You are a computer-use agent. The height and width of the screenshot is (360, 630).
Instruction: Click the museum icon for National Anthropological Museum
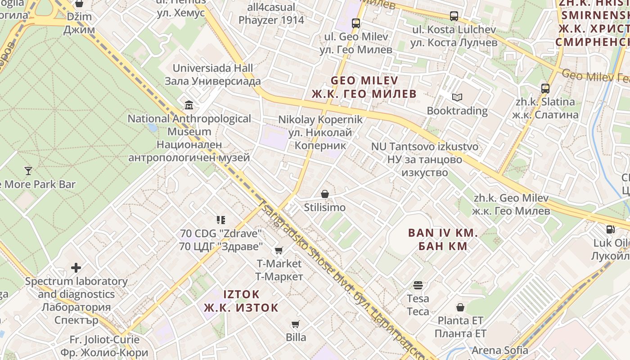(189, 105)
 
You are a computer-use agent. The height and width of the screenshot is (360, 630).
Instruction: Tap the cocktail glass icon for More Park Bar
(28, 171)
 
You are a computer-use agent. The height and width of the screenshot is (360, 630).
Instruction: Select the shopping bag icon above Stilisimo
(324, 194)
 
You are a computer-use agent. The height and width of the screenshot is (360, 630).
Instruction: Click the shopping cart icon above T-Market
(279, 250)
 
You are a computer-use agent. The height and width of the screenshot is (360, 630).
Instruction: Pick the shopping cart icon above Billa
(296, 324)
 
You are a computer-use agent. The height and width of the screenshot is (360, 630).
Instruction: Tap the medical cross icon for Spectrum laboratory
(76, 268)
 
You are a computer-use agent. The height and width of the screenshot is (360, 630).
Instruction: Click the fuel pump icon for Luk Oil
(610, 229)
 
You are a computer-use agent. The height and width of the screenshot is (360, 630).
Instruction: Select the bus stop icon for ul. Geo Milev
(356, 23)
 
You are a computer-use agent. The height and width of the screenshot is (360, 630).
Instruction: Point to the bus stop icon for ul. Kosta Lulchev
(454, 16)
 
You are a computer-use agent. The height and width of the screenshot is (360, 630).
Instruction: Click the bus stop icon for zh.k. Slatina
(545, 88)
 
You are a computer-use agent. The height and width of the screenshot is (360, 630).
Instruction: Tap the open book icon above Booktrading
(457, 97)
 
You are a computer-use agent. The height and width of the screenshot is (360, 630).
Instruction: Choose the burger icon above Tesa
(418, 285)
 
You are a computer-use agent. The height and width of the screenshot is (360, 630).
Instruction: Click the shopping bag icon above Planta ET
(460, 307)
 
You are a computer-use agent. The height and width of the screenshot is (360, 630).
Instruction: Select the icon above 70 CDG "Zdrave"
(220, 220)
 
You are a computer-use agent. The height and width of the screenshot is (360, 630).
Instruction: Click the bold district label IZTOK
(241, 294)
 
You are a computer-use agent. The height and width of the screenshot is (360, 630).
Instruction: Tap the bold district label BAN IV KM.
(443, 233)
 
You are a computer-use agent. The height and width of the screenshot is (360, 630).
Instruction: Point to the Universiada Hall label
(213, 68)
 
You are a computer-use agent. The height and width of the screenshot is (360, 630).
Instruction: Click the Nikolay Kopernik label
(320, 120)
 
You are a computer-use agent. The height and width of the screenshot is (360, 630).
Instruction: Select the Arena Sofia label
(500, 350)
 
